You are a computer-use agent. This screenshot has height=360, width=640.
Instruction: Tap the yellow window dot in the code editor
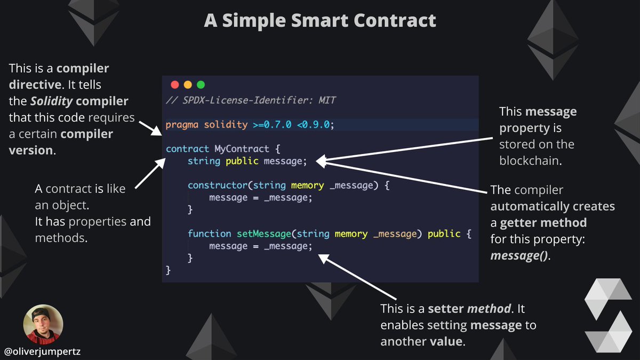coord(187,85)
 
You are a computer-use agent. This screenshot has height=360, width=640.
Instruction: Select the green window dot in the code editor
coord(201,85)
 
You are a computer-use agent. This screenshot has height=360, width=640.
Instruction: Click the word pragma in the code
coord(180,125)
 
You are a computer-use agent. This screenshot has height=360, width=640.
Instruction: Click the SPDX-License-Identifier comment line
coord(251,100)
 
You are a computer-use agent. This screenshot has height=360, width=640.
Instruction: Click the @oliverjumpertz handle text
coord(43,351)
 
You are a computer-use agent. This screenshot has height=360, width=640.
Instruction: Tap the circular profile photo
coord(43,324)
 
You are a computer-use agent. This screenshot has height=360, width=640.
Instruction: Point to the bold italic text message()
coord(519,255)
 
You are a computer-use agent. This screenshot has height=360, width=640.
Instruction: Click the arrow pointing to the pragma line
coord(148,128)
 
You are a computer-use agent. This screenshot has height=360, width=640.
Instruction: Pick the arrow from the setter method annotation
coord(358,277)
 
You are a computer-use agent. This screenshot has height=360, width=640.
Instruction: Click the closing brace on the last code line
coord(169,271)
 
